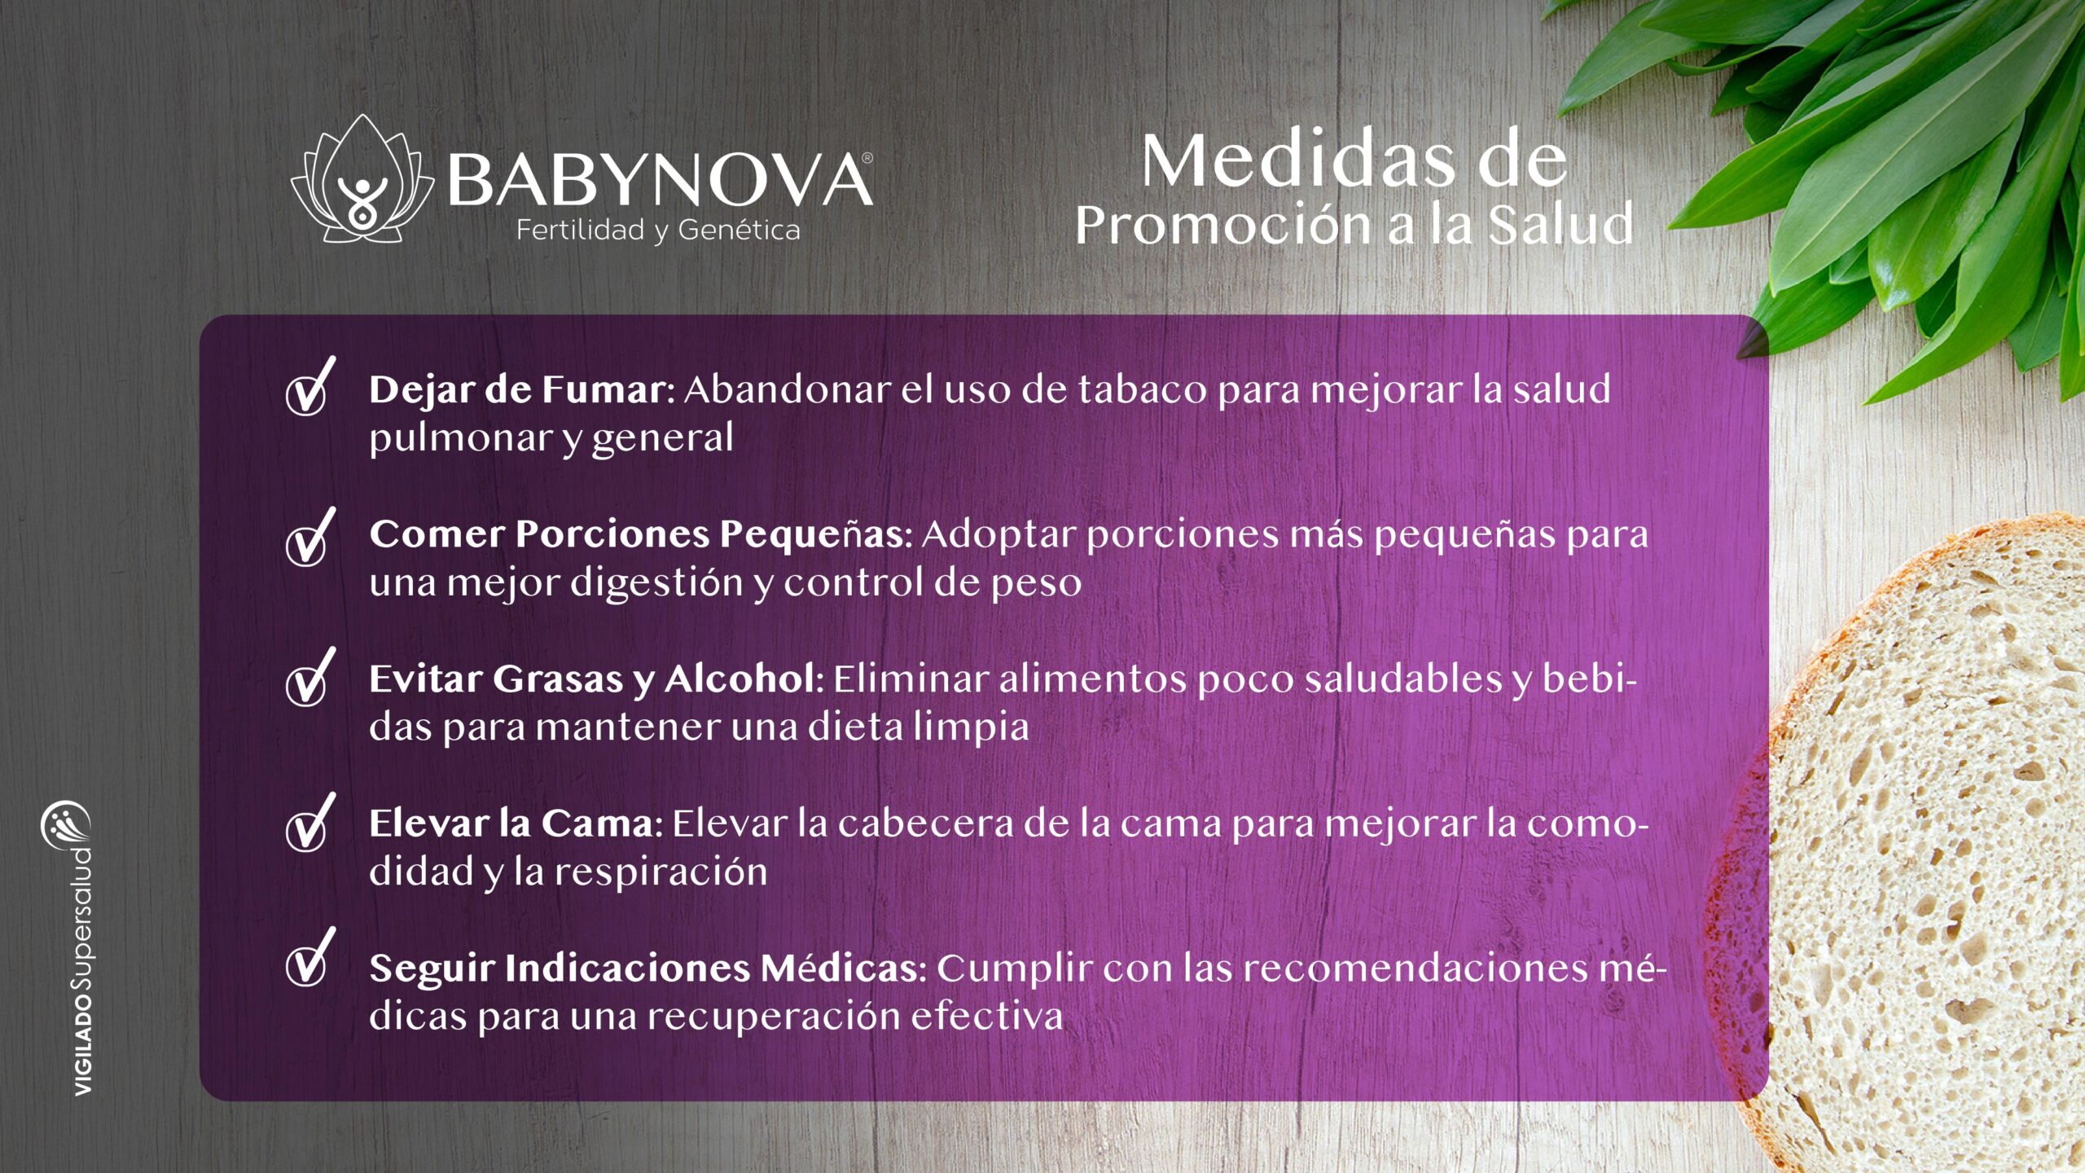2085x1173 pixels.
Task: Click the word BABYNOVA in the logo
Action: pos(658,181)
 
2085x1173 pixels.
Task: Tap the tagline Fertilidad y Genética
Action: pos(658,231)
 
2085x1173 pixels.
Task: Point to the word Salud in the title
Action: pos(1561,224)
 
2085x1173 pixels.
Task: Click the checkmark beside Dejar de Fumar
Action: pos(310,386)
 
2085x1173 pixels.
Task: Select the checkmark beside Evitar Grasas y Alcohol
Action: pos(310,677)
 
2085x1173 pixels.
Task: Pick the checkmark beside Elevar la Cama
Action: pos(310,822)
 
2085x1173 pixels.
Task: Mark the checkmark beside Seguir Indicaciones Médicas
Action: pos(310,956)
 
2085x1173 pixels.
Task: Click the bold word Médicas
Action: pos(842,969)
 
